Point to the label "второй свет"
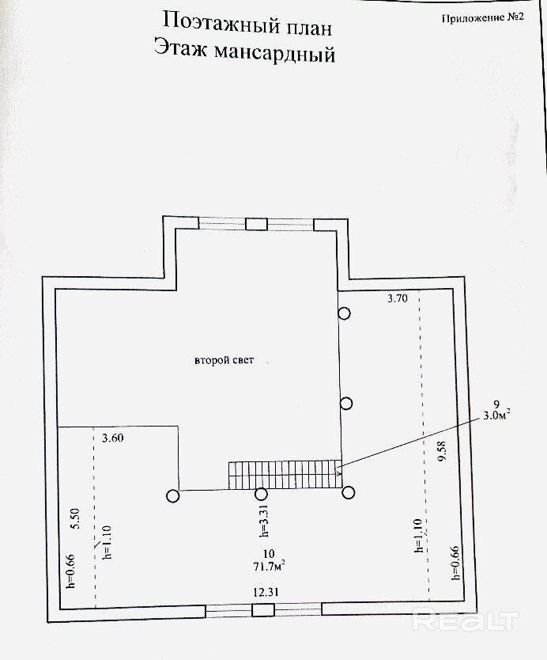[225, 360]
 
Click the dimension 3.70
[398, 299]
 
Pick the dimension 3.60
[114, 437]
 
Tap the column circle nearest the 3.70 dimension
[345, 313]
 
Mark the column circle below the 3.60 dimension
[173, 496]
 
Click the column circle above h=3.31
[261, 495]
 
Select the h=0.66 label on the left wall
[70, 570]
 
